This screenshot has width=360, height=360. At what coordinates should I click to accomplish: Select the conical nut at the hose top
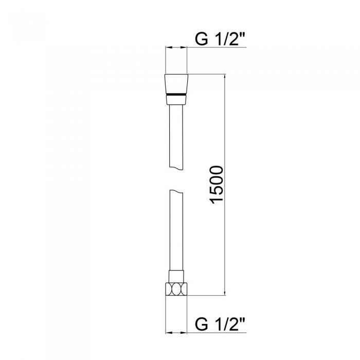pos(176,84)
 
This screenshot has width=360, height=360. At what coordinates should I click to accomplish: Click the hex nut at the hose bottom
pos(176,289)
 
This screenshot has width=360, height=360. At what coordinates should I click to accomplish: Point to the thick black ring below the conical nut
pos(176,95)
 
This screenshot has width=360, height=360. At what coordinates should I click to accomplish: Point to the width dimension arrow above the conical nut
pos(176,48)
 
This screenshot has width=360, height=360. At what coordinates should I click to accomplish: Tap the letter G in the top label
pos(201,39)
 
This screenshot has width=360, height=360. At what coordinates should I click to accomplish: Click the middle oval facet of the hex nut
pos(176,289)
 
